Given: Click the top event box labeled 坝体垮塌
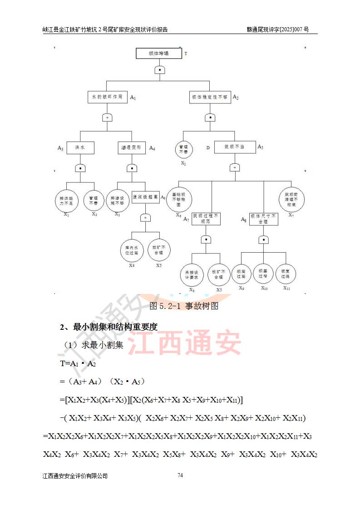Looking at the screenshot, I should (x=158, y=53).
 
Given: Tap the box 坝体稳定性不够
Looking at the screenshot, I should (x=210, y=97).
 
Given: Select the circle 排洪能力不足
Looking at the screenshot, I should (x=66, y=201).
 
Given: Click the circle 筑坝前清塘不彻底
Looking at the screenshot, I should (x=291, y=198).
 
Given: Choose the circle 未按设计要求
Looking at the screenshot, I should (x=192, y=274).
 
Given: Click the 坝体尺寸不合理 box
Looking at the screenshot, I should (x=263, y=219).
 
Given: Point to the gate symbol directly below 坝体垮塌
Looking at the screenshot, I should (x=159, y=70).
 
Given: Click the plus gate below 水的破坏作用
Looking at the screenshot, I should (x=108, y=117).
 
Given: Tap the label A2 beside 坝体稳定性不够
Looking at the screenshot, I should (x=236, y=97).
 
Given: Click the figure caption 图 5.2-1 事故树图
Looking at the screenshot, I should (x=184, y=306).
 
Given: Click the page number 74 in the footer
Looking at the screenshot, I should (x=180, y=475).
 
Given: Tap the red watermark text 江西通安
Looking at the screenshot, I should (x=185, y=343).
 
